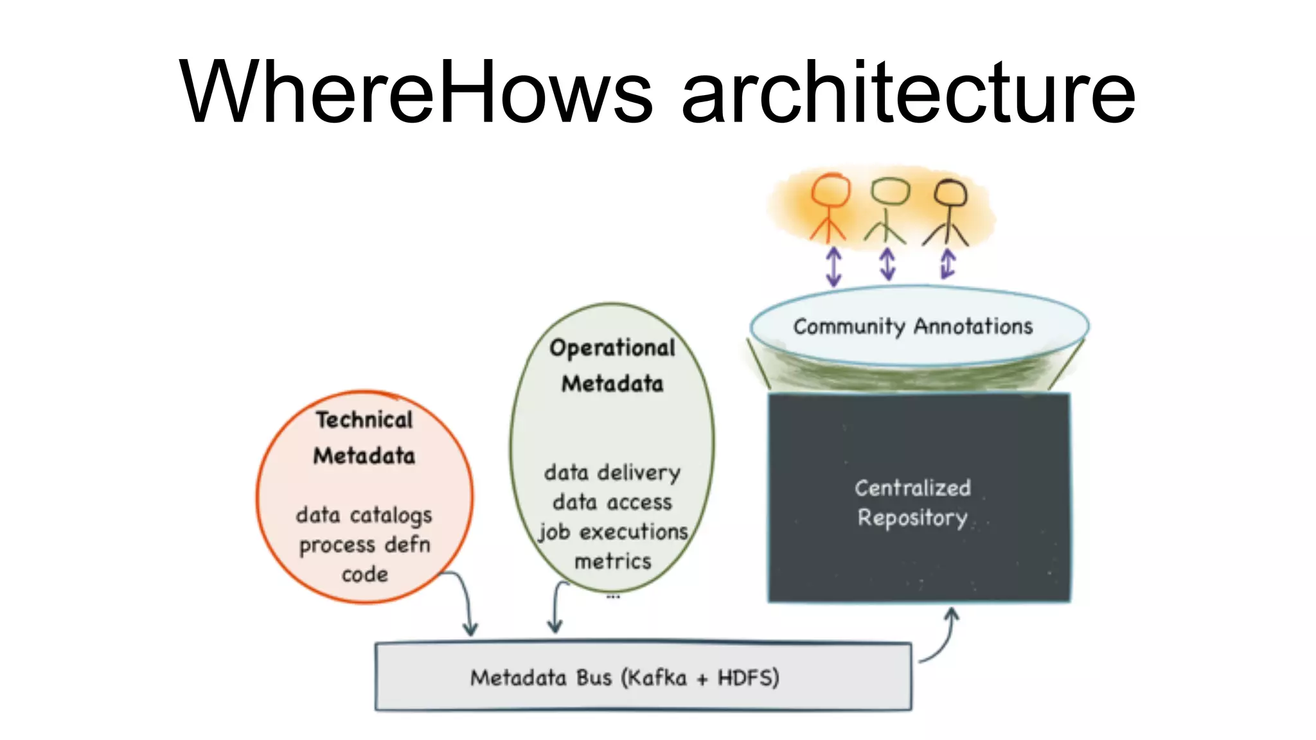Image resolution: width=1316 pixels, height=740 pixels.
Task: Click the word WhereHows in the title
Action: (416, 92)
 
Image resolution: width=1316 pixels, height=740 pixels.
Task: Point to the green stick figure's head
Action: (890, 191)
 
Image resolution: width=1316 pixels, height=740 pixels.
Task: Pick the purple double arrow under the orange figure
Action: (833, 266)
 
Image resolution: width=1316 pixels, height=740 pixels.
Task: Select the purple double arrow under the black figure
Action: (948, 264)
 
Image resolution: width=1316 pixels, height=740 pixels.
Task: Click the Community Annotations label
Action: (912, 326)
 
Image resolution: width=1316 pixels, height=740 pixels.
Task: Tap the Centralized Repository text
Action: (912, 502)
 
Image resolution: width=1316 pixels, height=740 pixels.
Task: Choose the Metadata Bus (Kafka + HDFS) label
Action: (625, 678)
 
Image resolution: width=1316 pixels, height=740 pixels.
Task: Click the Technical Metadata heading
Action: (364, 437)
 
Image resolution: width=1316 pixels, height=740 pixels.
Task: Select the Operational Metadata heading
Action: (612, 366)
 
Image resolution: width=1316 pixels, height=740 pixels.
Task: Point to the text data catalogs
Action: (364, 515)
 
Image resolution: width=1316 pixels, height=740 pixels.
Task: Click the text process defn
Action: (364, 545)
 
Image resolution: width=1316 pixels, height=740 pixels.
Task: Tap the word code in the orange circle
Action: (364, 574)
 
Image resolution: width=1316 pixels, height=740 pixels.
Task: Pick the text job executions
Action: (613, 532)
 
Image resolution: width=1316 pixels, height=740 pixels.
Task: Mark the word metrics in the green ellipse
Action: (613, 561)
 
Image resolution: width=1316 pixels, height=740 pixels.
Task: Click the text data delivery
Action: (612, 473)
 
